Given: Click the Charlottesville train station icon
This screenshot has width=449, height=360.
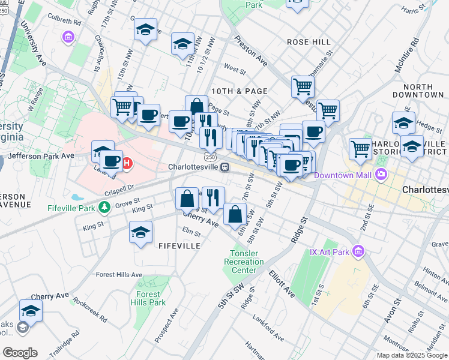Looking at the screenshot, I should (224, 167).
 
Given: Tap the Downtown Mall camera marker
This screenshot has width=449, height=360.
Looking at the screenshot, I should (380, 175).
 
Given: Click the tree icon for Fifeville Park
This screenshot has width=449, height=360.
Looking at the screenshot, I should (105, 208).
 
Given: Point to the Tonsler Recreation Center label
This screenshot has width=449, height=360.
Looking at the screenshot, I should (244, 262).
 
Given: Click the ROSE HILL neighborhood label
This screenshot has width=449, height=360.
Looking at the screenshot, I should (309, 42).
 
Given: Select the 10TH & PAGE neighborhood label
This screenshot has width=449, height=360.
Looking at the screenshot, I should (239, 91).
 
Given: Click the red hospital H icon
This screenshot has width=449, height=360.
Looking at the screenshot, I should (127, 163).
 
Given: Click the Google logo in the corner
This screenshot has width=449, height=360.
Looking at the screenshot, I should (20, 353).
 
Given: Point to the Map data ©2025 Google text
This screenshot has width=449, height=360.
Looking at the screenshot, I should (412, 355).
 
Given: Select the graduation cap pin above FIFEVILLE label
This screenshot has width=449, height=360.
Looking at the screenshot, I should (141, 233).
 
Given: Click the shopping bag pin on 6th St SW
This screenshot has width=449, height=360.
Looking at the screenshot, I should (235, 214).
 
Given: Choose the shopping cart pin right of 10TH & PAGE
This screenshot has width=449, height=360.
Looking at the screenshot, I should (303, 86).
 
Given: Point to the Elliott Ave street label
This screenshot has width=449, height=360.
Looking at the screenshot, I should (282, 284).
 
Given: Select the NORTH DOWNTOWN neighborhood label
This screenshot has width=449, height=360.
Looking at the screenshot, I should (419, 91).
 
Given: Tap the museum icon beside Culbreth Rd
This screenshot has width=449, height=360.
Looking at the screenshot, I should (68, 38).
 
